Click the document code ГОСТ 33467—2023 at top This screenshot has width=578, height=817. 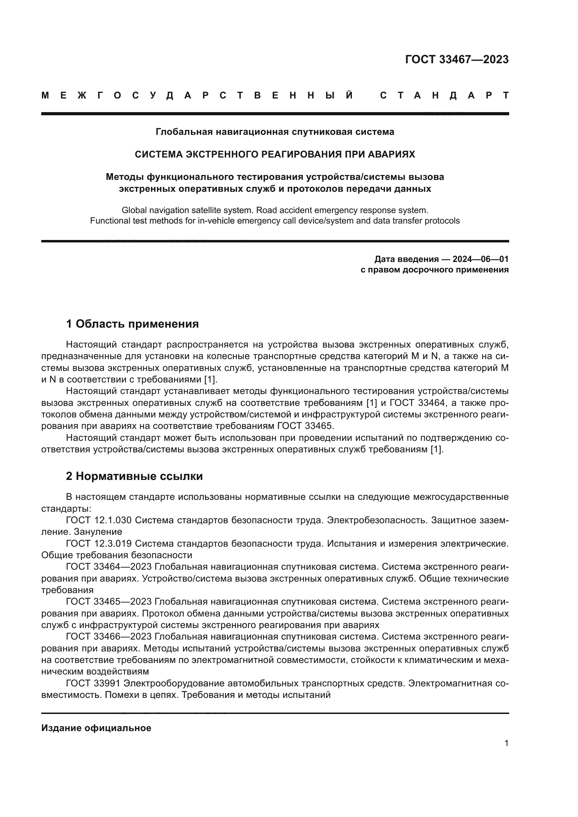[x=457, y=59]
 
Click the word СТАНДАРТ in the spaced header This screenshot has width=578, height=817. [x=444, y=96]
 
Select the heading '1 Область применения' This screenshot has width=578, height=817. [x=132, y=324]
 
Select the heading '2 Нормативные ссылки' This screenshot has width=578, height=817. [x=134, y=476]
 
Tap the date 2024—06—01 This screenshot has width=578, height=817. [x=481, y=259]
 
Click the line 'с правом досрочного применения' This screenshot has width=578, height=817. [x=435, y=270]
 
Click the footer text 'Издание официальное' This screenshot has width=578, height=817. [x=96, y=728]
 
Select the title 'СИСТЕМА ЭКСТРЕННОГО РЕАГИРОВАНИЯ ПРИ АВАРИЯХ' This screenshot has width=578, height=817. [x=275, y=154]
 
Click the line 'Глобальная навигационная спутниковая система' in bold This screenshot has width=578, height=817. [x=275, y=132]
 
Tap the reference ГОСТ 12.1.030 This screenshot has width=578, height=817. [x=99, y=520]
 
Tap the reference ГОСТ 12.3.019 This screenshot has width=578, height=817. [x=99, y=544]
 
